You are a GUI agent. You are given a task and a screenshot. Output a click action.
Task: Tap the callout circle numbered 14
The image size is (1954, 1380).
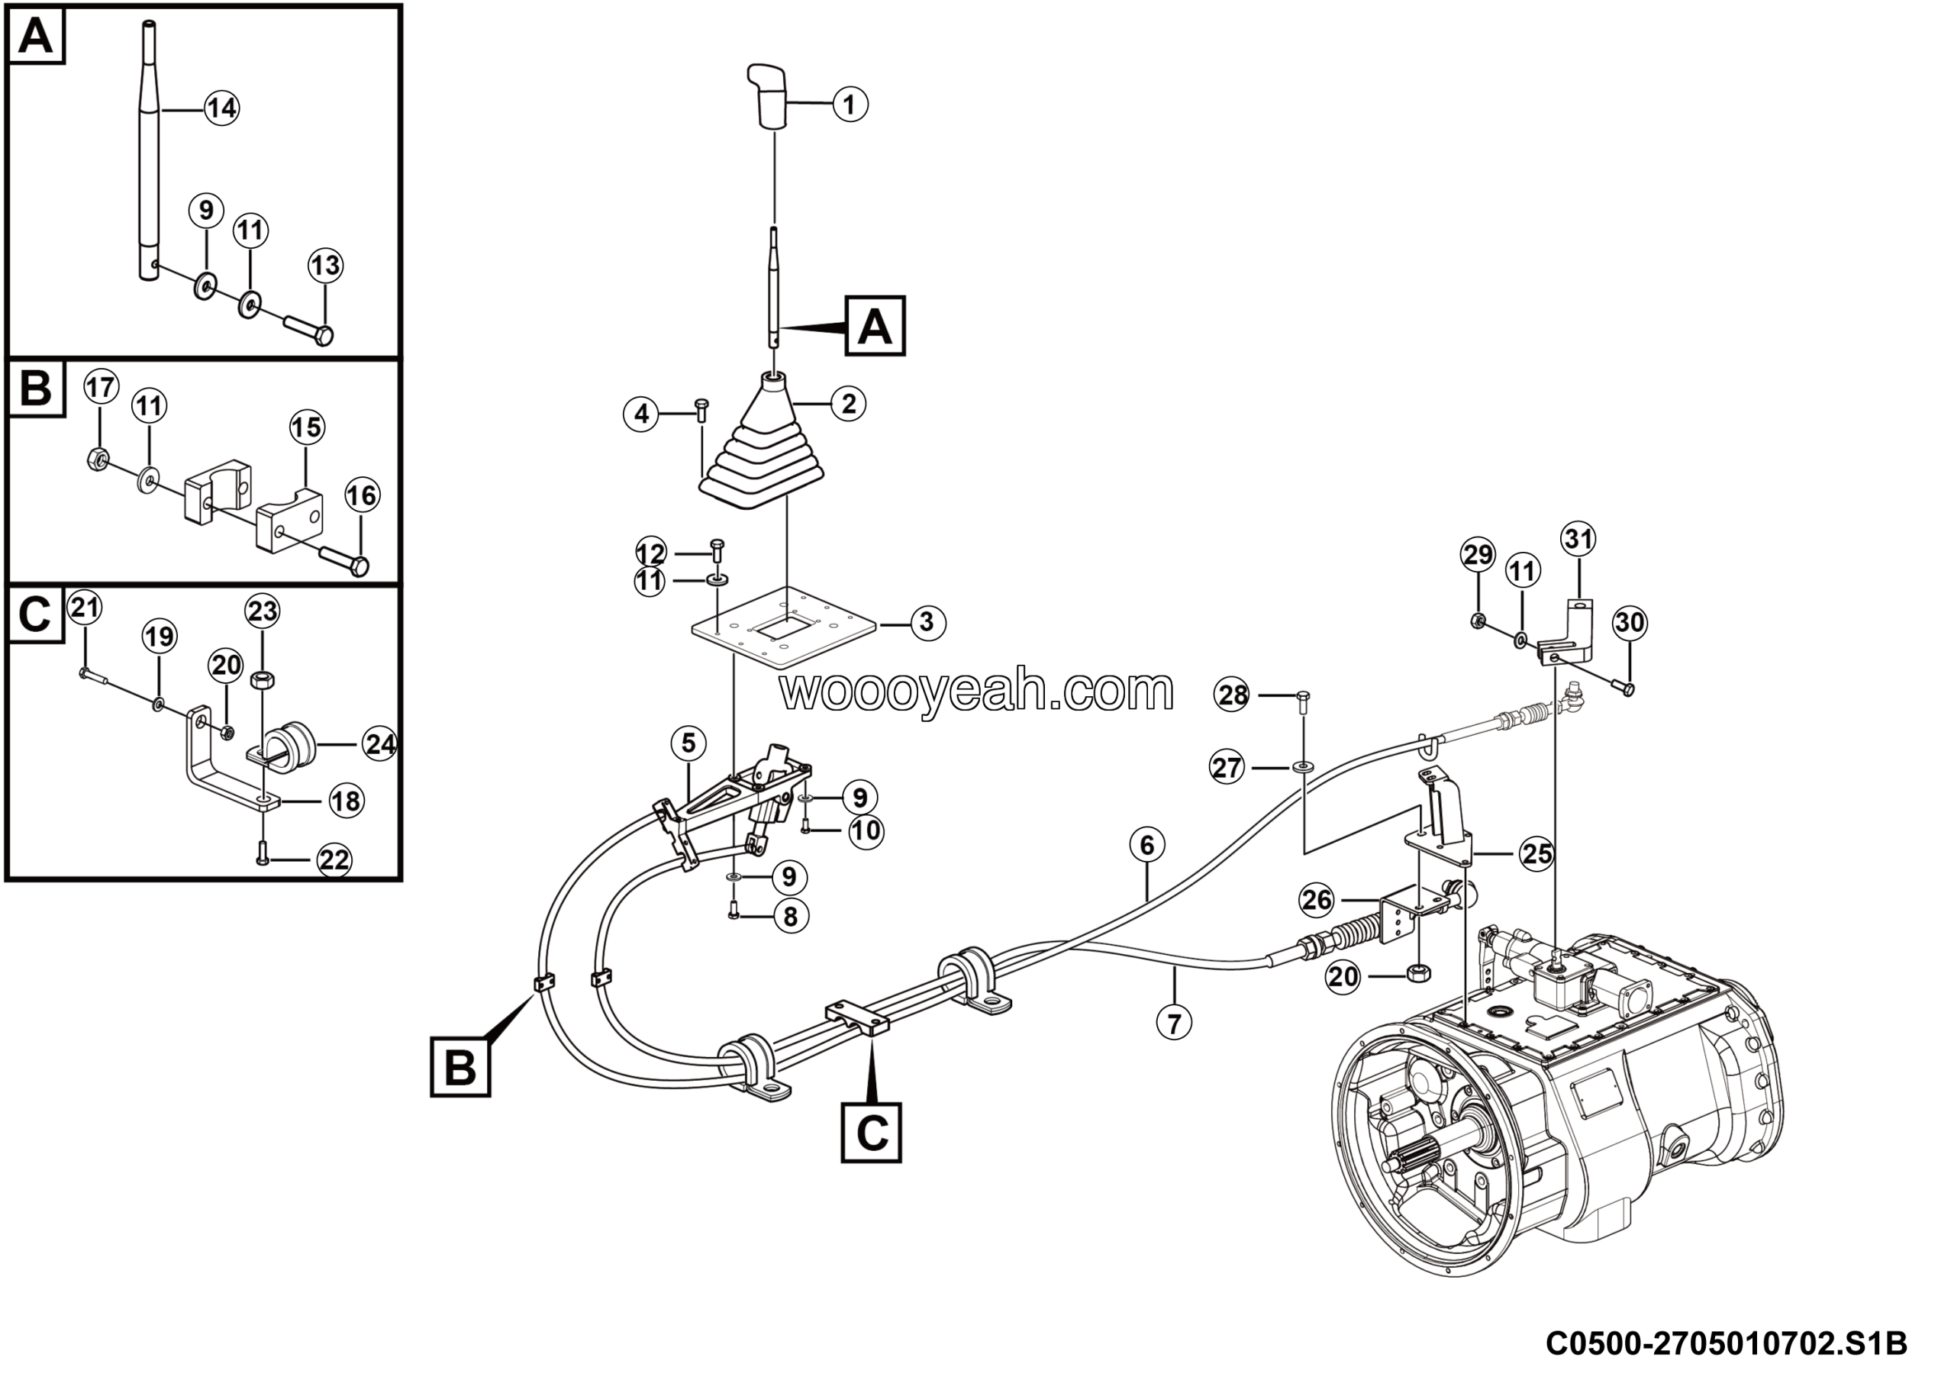coord(221,108)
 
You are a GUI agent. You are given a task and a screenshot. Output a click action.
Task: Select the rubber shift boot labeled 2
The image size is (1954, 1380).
coord(763,451)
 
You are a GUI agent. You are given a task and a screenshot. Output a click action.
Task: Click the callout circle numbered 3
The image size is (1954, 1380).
coord(927,623)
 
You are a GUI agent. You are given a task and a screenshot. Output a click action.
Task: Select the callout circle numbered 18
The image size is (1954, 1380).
coord(347,801)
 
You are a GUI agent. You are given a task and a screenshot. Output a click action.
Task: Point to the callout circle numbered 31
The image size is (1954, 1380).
coord(1578,540)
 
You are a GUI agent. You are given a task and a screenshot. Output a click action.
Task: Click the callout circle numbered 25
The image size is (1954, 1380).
coord(1537,853)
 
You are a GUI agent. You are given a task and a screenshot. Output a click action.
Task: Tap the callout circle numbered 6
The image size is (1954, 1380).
coord(1147,846)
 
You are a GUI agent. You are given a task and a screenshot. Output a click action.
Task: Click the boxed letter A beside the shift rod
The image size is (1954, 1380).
coord(875,326)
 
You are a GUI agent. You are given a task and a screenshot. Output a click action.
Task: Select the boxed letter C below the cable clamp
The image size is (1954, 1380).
coord(872,1133)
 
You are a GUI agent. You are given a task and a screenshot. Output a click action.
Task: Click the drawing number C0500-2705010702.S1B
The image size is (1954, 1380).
coord(1726,1344)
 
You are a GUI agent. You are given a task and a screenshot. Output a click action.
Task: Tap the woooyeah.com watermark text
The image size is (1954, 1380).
coord(977,691)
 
